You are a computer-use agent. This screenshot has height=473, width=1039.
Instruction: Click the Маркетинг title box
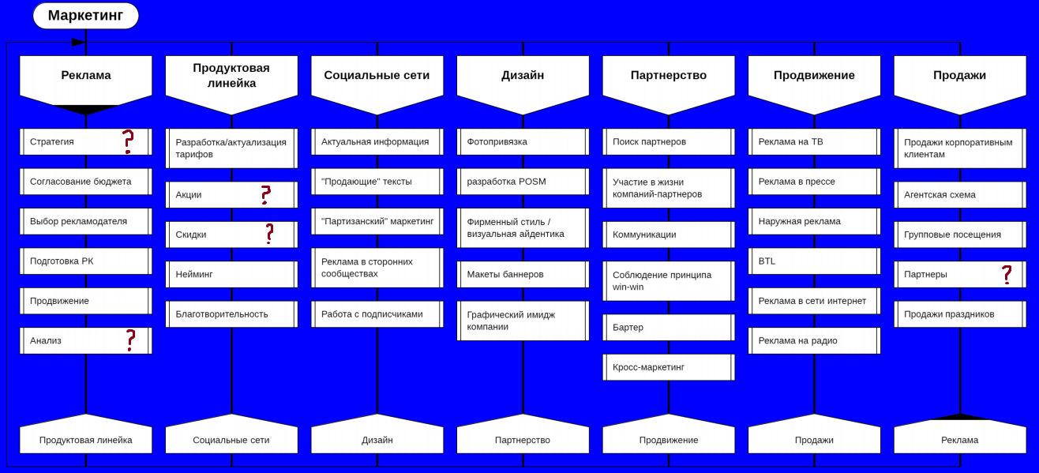pyautogui.click(x=85, y=16)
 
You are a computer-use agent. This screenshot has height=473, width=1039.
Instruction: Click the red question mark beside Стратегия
pyautogui.click(x=128, y=141)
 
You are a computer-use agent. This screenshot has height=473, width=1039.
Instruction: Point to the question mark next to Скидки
pyautogui.click(x=269, y=234)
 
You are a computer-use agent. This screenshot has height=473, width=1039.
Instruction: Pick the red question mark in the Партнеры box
pyautogui.click(x=1007, y=274)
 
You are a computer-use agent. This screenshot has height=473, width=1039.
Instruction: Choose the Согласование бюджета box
pyautogui.click(x=85, y=182)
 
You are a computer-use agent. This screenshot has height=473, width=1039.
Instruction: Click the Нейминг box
pyautogui.click(x=231, y=274)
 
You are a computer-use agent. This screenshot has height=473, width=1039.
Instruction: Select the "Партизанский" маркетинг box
pyautogui.click(x=377, y=221)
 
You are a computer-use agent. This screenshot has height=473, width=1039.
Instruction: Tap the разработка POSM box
pyautogui.click(x=523, y=182)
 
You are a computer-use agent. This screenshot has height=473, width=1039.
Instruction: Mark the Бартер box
pyautogui.click(x=668, y=327)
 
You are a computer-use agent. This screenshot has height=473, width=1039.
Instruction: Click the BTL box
pyautogui.click(x=814, y=261)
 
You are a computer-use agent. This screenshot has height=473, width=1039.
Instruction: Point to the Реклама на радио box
pyautogui.click(x=814, y=340)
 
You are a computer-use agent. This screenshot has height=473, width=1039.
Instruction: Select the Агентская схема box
pyautogui.click(x=959, y=194)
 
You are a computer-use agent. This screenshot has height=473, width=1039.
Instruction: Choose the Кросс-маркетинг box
pyautogui.click(x=668, y=367)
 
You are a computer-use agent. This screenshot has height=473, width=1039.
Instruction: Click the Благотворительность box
pyautogui.click(x=231, y=313)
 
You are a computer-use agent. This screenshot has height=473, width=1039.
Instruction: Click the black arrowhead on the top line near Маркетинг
pyautogui.click(x=78, y=43)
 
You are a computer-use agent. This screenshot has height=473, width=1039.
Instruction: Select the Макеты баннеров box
pyautogui.click(x=523, y=274)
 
